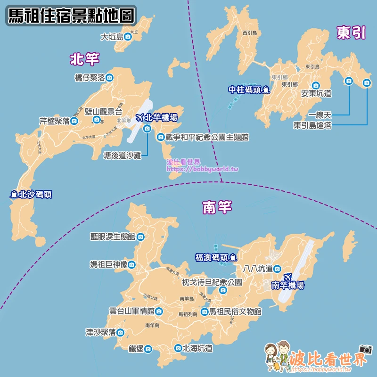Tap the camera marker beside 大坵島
tap(127, 36)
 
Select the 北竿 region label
tap(85, 59)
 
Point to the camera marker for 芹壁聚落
tap(74, 121)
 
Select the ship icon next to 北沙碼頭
tap(14, 194)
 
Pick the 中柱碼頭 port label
tap(244, 90)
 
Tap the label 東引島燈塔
tap(312, 125)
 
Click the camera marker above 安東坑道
tap(316, 85)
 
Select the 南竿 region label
tap(217, 208)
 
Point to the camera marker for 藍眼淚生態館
tap(140, 237)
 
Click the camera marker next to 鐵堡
tap(148, 349)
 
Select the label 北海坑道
tap(197, 349)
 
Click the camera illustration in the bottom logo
tap(366, 349)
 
